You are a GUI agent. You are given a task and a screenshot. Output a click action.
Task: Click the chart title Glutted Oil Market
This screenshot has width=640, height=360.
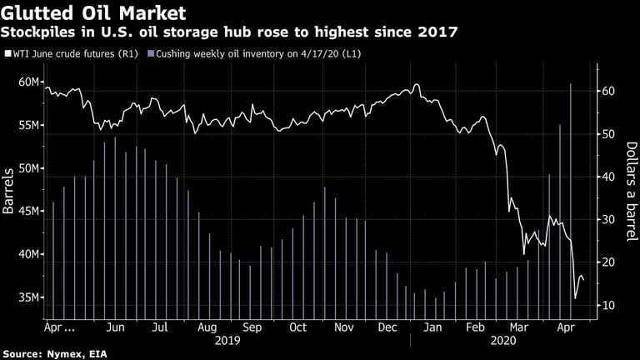[93, 13]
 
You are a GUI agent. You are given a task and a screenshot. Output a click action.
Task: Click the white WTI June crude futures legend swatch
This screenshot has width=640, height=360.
[7, 53]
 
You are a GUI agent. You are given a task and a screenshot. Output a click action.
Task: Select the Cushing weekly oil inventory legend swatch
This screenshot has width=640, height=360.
[151, 53]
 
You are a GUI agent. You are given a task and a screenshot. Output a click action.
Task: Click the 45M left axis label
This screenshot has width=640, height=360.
[28, 212]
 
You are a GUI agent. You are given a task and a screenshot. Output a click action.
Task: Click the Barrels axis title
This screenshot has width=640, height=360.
[8, 191]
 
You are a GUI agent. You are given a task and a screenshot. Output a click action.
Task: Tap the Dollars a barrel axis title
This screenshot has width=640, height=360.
[631, 192]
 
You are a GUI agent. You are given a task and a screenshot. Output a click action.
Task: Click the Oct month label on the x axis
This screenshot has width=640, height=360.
[297, 327]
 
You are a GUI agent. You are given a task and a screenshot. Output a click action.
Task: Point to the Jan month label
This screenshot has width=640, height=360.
[432, 327]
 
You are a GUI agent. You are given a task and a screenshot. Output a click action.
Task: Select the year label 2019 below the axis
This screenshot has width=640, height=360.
[227, 340]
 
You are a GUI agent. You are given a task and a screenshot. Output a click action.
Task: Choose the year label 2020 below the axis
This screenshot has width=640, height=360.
[503, 340]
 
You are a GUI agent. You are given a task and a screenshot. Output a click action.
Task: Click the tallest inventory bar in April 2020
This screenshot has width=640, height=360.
[571, 201]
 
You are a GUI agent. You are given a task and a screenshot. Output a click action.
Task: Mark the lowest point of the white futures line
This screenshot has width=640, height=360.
[576, 298]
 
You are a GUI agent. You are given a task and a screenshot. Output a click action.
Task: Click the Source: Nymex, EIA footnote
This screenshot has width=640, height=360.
[55, 354]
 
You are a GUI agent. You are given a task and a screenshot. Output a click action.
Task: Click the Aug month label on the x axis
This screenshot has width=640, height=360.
[207, 327]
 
